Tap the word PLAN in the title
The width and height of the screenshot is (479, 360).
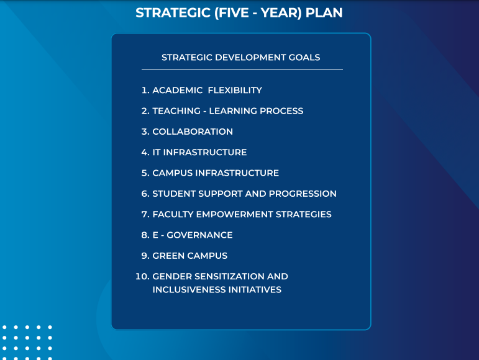324,13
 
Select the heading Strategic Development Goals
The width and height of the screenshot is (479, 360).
240,57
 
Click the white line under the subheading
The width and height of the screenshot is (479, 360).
242,70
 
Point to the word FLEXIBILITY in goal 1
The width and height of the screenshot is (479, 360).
235,90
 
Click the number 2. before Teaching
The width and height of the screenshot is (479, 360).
145,111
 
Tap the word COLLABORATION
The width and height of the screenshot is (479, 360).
193,132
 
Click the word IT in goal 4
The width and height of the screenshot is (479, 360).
157,152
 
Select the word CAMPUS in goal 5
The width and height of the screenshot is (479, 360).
173,173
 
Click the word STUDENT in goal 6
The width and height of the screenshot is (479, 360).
174,194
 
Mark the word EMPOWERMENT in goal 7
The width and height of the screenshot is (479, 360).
235,215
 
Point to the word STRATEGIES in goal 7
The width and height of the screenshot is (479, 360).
304,215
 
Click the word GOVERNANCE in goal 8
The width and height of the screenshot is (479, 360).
199,235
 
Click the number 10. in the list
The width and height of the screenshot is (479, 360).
142,276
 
